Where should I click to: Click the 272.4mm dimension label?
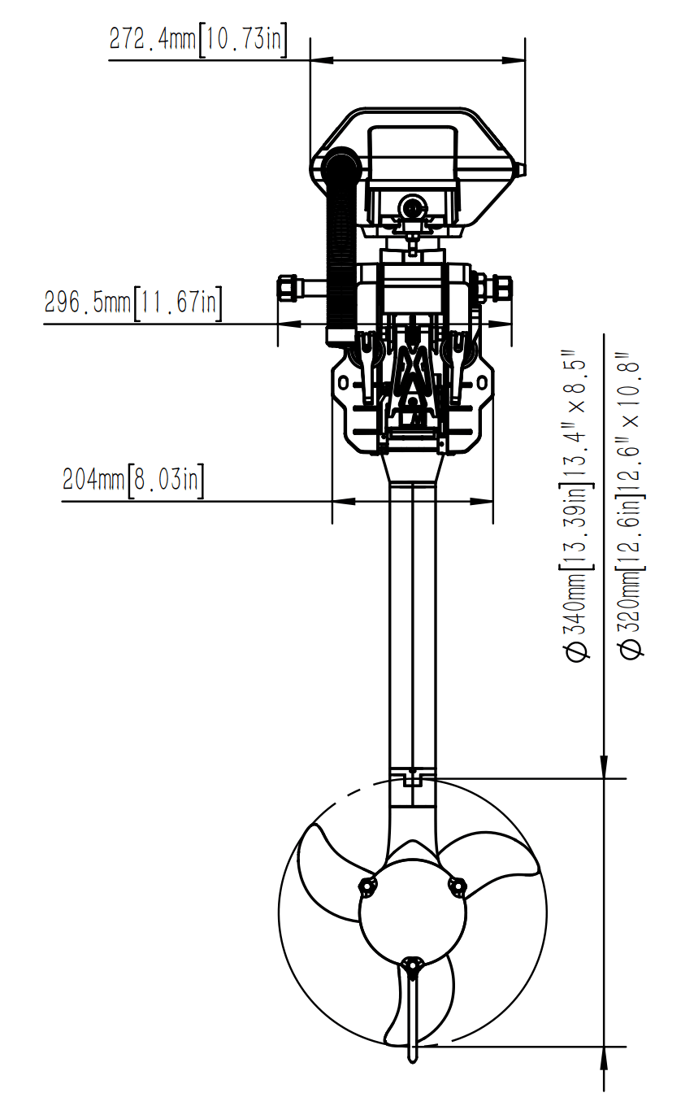[154, 39]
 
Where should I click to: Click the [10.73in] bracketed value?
[242, 39]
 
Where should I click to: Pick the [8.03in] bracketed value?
[166, 479]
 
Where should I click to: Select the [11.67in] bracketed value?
[177, 303]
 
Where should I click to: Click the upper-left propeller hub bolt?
[367, 886]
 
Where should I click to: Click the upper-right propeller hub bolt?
[458, 886]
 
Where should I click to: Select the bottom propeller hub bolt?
[413, 966]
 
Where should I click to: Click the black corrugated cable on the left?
[340, 244]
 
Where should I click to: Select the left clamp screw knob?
[288, 289]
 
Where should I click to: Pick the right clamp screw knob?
[502, 289]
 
